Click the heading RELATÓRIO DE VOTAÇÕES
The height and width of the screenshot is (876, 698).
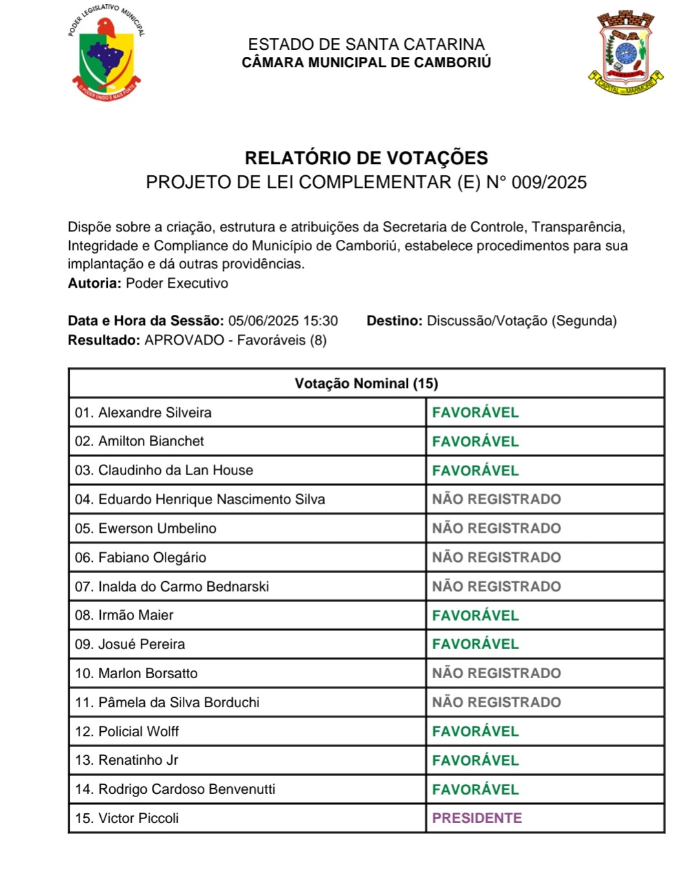point(366,158)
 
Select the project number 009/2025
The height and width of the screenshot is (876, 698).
point(549,182)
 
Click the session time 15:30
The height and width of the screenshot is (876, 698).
point(321,321)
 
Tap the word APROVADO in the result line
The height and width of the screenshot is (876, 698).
point(184,340)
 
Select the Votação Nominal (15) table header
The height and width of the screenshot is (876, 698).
point(366,383)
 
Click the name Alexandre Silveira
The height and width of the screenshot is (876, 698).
point(154,412)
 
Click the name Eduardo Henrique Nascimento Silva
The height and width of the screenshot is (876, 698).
point(211,499)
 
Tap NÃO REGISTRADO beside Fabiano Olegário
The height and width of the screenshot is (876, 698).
point(496,557)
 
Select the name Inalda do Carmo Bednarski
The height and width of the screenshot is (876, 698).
point(183,586)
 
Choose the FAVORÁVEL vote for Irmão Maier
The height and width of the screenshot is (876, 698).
point(476,615)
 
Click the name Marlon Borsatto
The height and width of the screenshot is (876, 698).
point(147,673)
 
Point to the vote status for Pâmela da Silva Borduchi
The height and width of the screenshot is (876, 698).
point(496,702)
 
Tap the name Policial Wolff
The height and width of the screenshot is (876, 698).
point(138,731)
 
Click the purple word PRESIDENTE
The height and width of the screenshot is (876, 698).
point(477,818)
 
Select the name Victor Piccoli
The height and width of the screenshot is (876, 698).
point(138,818)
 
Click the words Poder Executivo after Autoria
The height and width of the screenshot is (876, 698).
point(176,283)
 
